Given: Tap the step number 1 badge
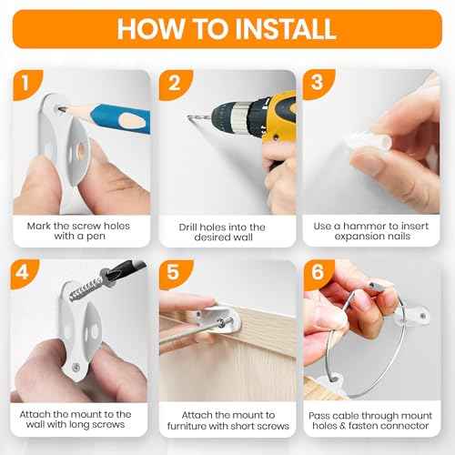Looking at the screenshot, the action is [x=26, y=84].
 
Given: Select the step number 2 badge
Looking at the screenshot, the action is [x=175, y=84].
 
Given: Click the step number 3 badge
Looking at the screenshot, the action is [x=318, y=83].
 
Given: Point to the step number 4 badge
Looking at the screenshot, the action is [x=24, y=273].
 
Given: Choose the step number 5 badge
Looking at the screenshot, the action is [x=174, y=273].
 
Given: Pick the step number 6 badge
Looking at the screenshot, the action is [x=318, y=272].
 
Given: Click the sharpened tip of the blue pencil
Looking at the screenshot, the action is [x=59, y=109].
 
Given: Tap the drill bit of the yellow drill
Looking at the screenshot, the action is [x=199, y=119].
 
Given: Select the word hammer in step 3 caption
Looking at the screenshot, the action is [x=364, y=226].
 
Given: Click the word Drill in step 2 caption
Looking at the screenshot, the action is [x=187, y=227].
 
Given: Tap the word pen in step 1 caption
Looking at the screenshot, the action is [x=96, y=237].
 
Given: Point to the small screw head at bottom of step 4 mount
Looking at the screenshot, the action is [x=76, y=368].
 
